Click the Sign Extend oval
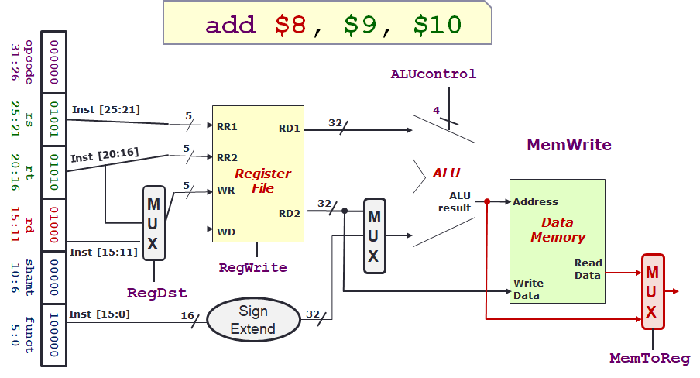click(x=253, y=320)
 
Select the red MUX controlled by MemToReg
click(x=652, y=291)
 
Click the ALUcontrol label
click(x=434, y=74)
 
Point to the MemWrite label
click(x=569, y=145)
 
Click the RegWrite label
click(x=253, y=267)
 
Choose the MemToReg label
click(x=650, y=358)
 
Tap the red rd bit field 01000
click(x=53, y=225)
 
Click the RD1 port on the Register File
click(x=290, y=128)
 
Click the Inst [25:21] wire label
click(x=106, y=109)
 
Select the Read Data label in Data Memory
click(x=588, y=269)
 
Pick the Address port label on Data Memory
click(x=535, y=202)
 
